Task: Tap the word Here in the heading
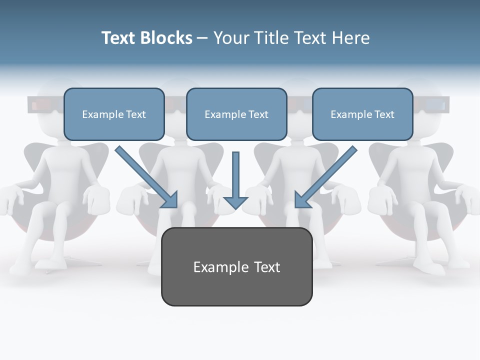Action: (350, 38)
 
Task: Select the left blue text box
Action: (114, 114)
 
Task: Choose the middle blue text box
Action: (236, 114)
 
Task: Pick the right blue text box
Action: (362, 114)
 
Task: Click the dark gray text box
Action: (236, 266)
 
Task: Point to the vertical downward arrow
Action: (235, 180)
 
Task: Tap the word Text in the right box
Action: (384, 114)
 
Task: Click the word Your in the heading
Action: (231, 38)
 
